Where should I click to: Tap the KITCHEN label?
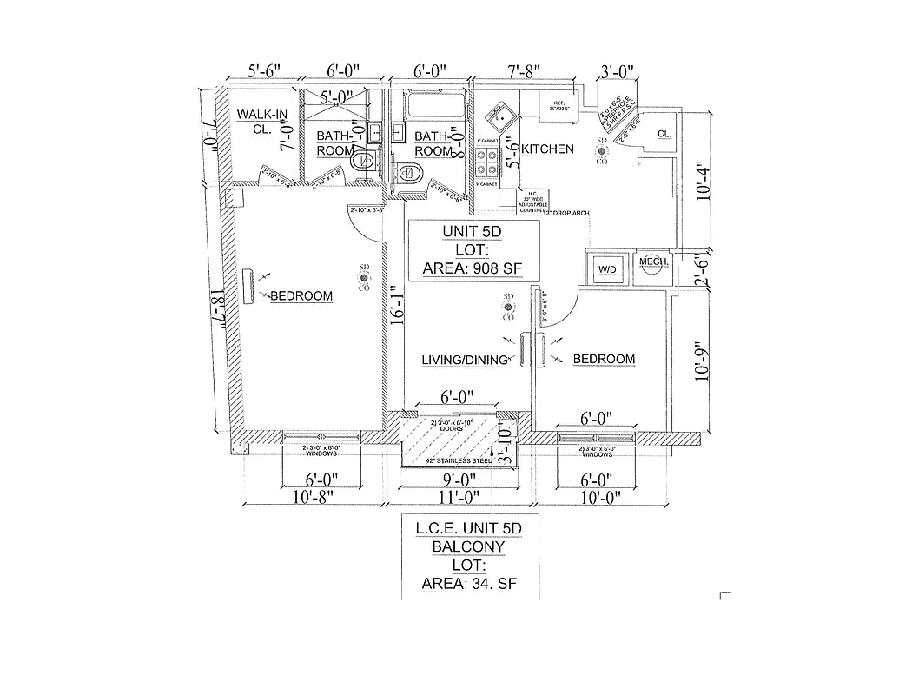[x=547, y=149]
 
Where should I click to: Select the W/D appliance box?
[x=605, y=269]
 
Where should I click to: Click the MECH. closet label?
[x=652, y=262]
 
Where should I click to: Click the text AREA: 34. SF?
[x=469, y=584]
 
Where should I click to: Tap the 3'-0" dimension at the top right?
[x=618, y=71]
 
